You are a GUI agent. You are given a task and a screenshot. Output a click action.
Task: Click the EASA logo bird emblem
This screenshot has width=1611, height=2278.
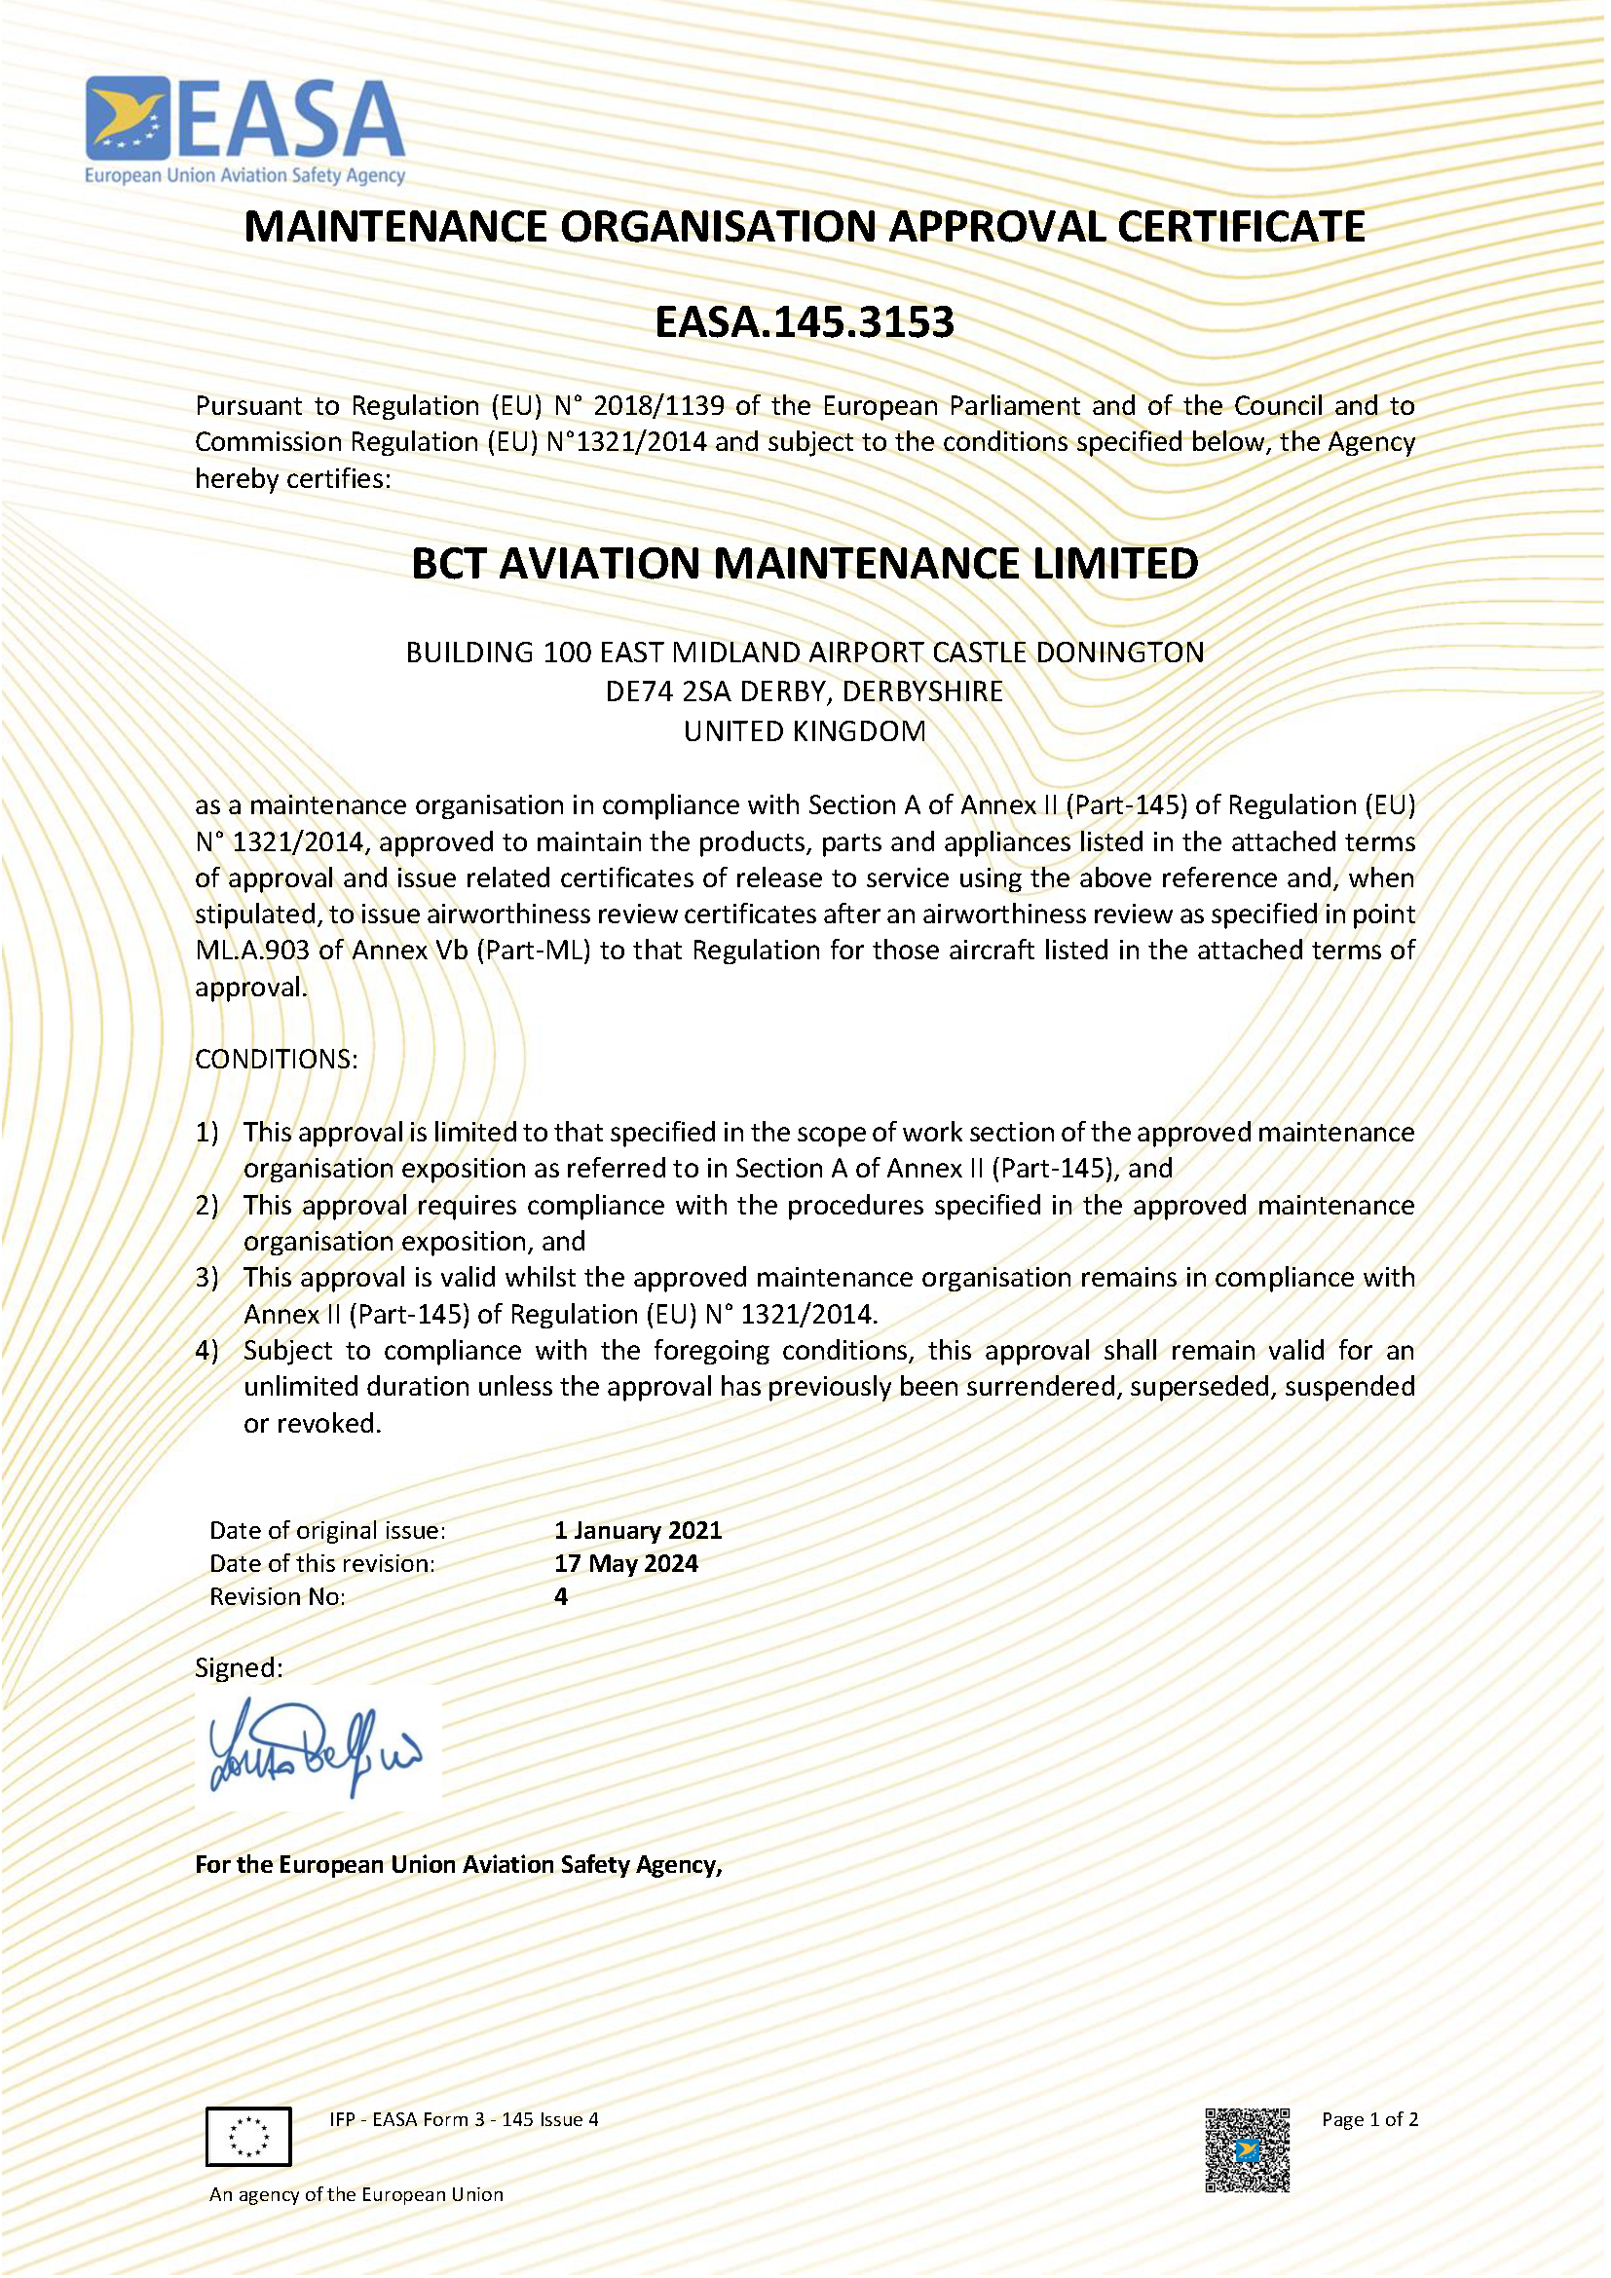point(127,118)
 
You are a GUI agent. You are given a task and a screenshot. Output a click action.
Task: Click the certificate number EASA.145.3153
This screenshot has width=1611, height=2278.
point(805,322)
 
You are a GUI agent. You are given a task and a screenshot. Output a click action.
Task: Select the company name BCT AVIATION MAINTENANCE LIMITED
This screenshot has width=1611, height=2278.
point(805,564)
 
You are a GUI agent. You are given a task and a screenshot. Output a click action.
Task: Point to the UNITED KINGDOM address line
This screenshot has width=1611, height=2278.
point(805,731)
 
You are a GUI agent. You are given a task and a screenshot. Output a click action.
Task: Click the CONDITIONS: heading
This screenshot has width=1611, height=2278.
point(276,1059)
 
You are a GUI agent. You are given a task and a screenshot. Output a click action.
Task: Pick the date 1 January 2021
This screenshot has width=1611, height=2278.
point(638,1530)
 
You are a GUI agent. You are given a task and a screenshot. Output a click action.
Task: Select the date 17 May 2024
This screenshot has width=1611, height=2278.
point(626,1564)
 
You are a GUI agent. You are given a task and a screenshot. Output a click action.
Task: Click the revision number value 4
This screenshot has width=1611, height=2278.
point(560,1596)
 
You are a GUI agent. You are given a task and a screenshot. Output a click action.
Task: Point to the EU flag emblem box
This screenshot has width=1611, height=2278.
point(248,2136)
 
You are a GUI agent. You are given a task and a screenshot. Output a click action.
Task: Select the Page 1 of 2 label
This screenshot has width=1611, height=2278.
point(1368,2119)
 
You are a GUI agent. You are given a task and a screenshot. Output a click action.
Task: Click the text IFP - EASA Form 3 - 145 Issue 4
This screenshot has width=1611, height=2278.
point(464,2119)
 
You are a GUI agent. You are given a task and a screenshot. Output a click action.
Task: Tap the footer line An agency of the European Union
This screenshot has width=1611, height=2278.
point(356,2193)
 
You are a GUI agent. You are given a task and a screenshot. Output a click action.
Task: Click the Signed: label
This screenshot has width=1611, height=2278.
point(238,1667)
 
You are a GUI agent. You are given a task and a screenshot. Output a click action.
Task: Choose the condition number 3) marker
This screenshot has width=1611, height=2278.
point(206,1277)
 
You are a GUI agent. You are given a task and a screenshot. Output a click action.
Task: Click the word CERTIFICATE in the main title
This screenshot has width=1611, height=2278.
point(1240,227)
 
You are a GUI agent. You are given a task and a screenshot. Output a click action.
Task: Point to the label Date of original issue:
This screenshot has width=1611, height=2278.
point(327,1530)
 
